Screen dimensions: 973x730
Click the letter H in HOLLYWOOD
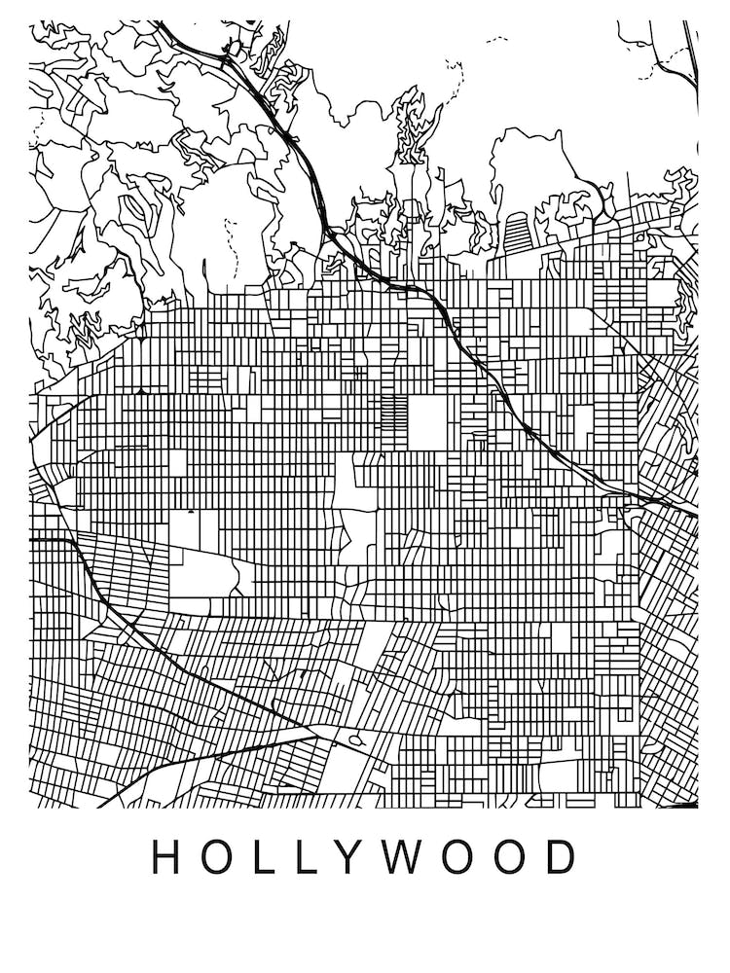coord(165,856)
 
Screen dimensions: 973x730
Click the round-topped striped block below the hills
coord(516,234)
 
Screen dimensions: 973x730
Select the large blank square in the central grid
coord(425,422)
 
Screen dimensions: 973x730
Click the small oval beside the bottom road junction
coord(355,740)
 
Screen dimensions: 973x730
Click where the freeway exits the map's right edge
coord(695,514)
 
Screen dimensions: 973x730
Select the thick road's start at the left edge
coord(32,538)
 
